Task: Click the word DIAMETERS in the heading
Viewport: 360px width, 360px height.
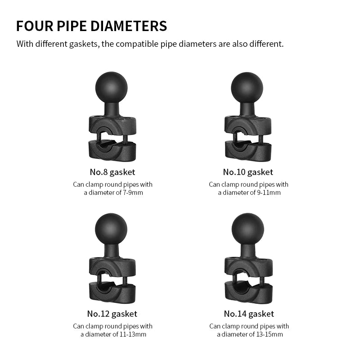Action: (x=129, y=26)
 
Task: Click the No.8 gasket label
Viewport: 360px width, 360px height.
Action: (x=112, y=172)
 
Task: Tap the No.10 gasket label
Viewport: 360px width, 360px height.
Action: (x=248, y=172)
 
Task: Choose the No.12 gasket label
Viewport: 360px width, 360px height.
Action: (x=112, y=314)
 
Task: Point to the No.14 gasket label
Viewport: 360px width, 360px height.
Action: (x=249, y=314)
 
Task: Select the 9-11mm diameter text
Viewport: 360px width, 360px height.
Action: (x=269, y=193)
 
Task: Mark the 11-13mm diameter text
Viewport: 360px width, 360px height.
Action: (x=133, y=334)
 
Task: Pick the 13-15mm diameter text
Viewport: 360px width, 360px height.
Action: (x=270, y=334)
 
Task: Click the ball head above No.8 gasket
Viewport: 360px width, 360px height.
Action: (x=111, y=88)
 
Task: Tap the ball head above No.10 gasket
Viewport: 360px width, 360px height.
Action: (x=247, y=88)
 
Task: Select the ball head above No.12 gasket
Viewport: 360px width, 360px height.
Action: (x=111, y=229)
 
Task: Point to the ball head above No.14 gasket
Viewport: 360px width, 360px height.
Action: (x=248, y=229)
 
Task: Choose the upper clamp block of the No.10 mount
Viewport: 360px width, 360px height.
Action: (x=248, y=126)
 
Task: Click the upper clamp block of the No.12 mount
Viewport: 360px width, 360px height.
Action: (x=112, y=267)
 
